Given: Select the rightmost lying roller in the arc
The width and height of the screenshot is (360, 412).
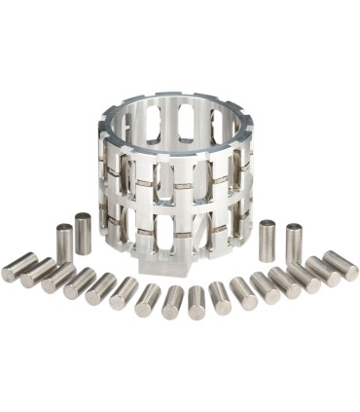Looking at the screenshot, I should pyautogui.click(x=341, y=265).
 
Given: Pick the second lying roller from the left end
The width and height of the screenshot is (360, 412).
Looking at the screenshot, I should pyautogui.click(x=39, y=272).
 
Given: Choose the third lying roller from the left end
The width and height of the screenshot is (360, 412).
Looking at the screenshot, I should pyautogui.click(x=58, y=279).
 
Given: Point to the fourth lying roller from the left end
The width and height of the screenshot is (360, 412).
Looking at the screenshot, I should pyautogui.click(x=79, y=284).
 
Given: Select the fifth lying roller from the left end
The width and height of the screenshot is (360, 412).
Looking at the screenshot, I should pyautogui.click(x=100, y=289).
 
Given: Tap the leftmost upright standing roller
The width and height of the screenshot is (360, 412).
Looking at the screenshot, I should pyautogui.click(x=64, y=243).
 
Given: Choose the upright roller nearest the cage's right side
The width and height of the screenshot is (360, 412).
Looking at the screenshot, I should pyautogui.click(x=267, y=241).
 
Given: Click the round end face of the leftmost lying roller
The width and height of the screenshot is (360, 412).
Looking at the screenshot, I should pyautogui.click(x=8, y=273).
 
